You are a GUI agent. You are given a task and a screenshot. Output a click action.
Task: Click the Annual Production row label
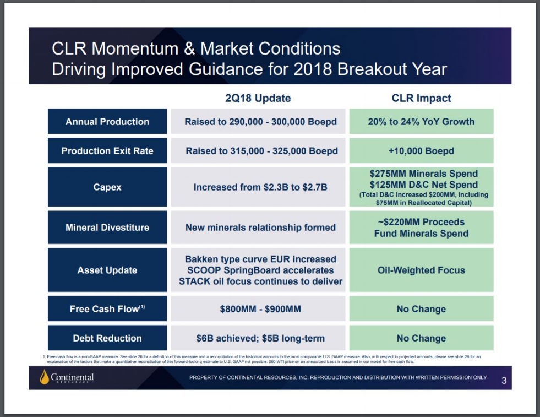click(107, 122)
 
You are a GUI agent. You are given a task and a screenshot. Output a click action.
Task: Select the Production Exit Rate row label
click(107, 151)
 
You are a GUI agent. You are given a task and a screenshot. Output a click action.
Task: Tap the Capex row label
click(107, 187)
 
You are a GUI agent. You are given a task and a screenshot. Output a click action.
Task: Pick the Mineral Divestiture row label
click(107, 228)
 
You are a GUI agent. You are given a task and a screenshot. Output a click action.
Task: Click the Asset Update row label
click(107, 270)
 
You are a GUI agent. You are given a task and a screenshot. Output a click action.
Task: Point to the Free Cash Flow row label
click(107, 309)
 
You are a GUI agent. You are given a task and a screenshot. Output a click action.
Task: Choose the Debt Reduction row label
click(107, 338)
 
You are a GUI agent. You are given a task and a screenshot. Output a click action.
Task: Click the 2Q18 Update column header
click(258, 99)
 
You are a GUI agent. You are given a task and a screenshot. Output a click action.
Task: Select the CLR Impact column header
click(421, 99)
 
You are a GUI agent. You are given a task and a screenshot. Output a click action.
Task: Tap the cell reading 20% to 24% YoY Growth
click(421, 122)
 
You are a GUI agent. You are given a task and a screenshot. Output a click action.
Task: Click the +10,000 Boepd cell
click(421, 151)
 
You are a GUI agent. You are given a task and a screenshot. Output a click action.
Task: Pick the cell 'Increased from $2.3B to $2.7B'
click(260, 187)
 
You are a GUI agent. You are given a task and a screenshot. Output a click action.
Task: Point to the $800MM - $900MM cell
click(260, 309)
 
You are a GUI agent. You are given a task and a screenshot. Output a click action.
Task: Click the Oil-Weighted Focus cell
click(421, 270)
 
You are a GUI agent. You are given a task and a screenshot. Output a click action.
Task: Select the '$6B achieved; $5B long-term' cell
click(260, 338)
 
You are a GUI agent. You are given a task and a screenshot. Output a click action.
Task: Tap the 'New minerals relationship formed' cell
click(260, 228)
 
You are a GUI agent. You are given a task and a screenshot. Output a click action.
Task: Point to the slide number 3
click(504, 380)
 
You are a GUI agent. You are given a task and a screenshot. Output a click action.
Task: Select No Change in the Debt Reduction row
click(421, 338)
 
